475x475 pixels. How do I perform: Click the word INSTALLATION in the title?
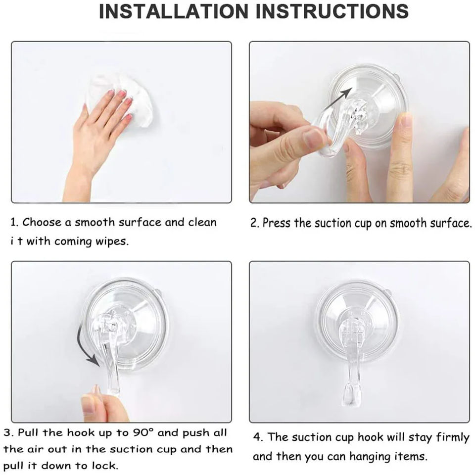pyautogui.click(x=174, y=11)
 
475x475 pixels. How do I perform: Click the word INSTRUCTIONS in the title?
pyautogui.click(x=332, y=11)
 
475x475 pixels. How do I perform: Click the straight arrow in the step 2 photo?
pyautogui.click(x=338, y=98)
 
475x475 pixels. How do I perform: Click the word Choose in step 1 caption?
pyautogui.click(x=42, y=222)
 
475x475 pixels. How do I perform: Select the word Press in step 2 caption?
pyautogui.click(x=274, y=223)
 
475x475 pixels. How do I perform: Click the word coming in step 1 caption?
pyautogui.click(x=73, y=242)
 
